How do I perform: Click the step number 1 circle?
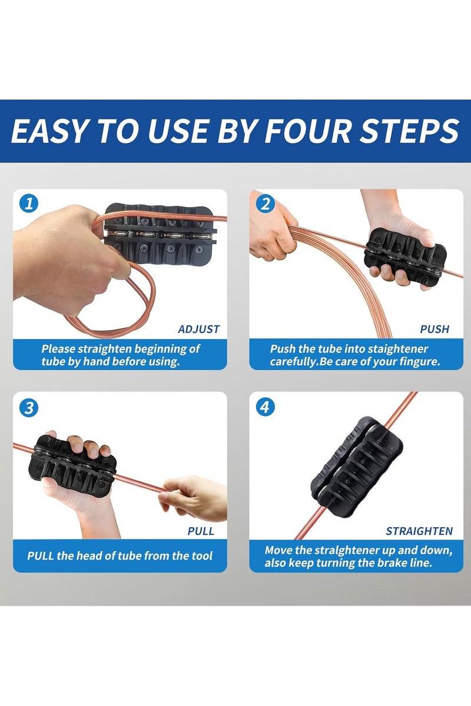point(29,204)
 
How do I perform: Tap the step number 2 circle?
point(266,204)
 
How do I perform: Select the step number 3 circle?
point(29,408)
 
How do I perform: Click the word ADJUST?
point(198,329)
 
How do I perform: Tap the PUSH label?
point(434,329)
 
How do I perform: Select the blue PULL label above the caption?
point(201,531)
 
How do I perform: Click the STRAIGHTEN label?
point(419,531)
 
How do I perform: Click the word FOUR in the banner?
point(307,131)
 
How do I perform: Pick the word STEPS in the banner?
point(409,131)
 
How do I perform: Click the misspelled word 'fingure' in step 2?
point(422,362)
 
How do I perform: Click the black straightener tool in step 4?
point(356,469)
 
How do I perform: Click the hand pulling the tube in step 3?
point(193,498)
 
